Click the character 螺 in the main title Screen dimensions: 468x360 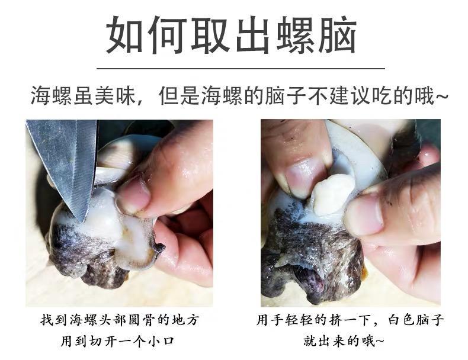pos(296,35)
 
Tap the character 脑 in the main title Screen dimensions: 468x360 pos(338,35)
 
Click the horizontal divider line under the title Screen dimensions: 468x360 pos(241,69)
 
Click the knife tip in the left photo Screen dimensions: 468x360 pos(82,221)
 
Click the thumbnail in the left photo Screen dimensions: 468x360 pos(133,197)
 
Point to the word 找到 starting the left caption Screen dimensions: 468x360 pos(52,320)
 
